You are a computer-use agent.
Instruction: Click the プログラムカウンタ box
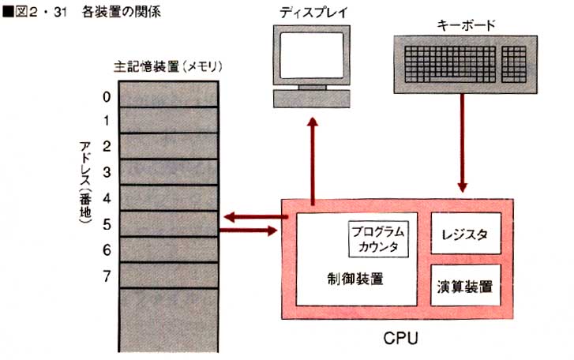click(x=379, y=238)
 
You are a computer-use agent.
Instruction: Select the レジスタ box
click(x=466, y=234)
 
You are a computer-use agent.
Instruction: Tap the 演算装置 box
click(x=466, y=286)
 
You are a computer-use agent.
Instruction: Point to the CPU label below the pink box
click(x=400, y=339)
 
